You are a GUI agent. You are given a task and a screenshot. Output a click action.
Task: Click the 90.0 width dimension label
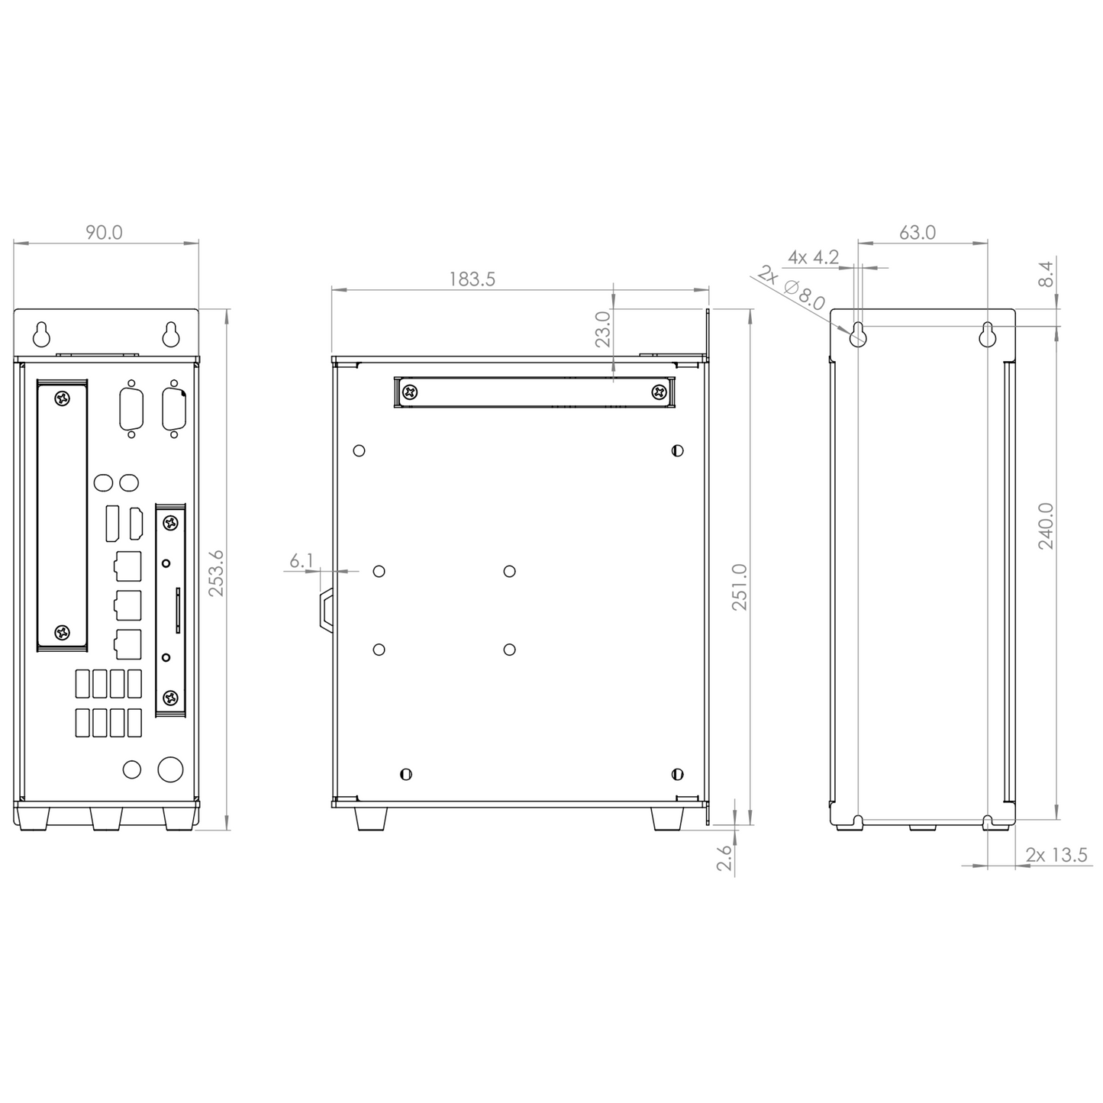point(104,232)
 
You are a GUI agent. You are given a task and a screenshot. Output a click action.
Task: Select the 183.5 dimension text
point(472,279)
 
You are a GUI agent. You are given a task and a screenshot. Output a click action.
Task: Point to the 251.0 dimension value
point(740,586)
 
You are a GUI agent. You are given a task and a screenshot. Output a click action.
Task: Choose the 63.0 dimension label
point(917,232)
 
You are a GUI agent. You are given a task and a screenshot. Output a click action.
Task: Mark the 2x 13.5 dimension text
point(1056,855)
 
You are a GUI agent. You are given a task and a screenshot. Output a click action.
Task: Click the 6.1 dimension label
point(302,561)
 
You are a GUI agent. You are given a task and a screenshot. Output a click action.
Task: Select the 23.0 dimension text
point(603,328)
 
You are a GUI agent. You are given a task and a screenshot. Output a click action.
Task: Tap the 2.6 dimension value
point(724,857)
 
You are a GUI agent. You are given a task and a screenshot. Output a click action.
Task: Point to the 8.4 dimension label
point(1046,275)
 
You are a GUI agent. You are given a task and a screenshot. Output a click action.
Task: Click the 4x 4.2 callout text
point(813,257)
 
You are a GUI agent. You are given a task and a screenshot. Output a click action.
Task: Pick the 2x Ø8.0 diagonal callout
point(792,289)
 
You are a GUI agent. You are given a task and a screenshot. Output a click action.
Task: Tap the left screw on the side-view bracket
point(411,392)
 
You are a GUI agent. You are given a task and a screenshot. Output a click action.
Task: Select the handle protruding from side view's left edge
point(326,609)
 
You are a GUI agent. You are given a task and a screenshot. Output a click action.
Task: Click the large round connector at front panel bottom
point(170,769)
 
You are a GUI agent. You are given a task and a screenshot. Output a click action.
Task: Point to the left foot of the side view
point(371,818)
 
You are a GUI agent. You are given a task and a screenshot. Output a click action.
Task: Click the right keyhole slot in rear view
point(989,334)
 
